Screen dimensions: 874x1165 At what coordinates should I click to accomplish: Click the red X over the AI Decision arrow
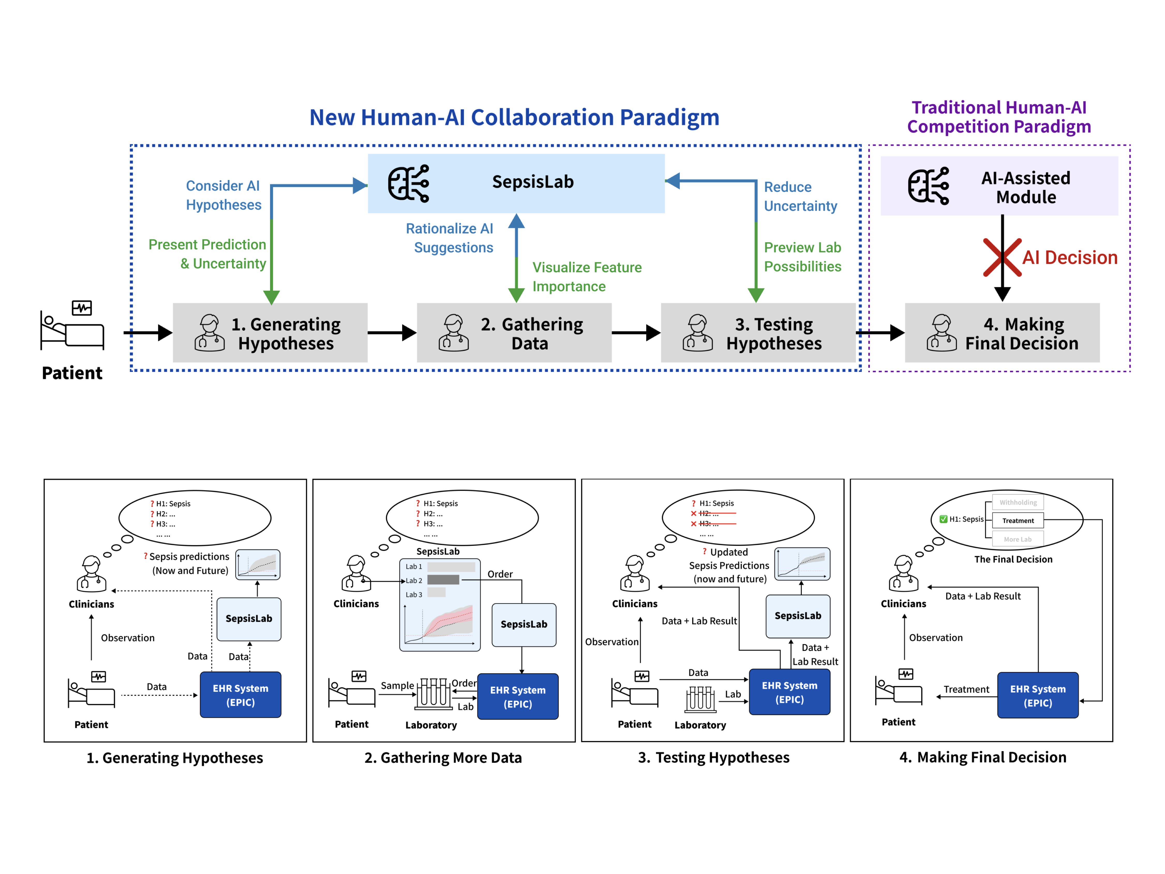[x=1002, y=258]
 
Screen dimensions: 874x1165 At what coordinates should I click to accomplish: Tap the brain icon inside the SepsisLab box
[x=408, y=183]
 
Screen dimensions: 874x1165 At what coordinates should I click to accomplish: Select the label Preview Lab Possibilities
[x=802, y=257]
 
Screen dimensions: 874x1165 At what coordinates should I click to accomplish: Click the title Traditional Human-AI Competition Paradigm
[x=999, y=117]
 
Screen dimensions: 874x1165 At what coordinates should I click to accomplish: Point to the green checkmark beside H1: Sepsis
[x=943, y=519]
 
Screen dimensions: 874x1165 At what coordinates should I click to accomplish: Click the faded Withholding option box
[x=1018, y=502]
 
